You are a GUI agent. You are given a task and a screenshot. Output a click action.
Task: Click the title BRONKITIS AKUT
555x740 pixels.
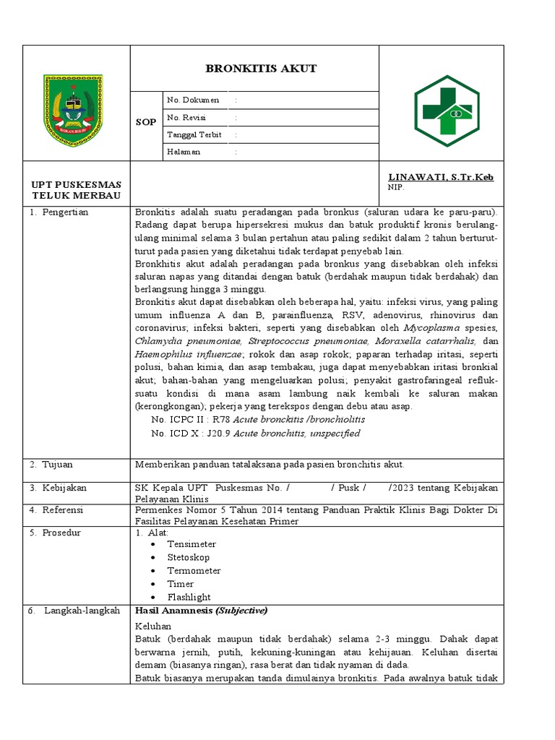(261, 69)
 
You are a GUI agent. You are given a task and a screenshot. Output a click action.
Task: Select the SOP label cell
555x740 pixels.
(146, 122)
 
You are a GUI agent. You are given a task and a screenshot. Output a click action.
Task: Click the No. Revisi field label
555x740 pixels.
(185, 117)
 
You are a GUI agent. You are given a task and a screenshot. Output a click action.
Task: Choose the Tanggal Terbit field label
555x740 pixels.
(194, 134)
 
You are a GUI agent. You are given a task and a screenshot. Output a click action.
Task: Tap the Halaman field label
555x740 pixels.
(184, 152)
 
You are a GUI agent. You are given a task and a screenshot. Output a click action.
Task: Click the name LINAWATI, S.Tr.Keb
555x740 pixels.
(441, 177)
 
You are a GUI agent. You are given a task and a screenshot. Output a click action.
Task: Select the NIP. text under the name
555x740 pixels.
(397, 187)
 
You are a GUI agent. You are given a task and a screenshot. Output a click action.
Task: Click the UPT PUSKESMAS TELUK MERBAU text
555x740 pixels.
(76, 190)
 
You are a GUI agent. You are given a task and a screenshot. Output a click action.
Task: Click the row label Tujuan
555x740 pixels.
(57, 464)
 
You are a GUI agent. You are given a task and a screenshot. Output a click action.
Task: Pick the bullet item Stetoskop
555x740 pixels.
(188, 557)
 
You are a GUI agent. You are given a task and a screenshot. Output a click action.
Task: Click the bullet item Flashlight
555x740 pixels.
(189, 597)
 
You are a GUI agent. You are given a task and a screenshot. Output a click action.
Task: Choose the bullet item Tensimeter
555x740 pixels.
(191, 544)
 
